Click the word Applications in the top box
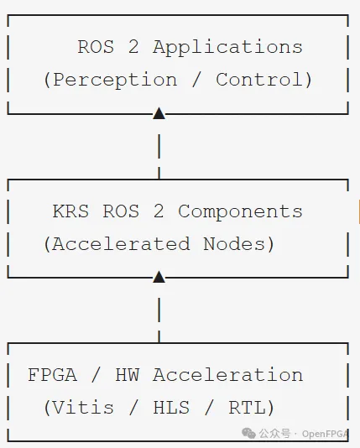click(227, 48)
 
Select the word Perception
click(115, 80)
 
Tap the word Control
click(259, 79)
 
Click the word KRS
click(70, 211)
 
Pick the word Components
click(240, 212)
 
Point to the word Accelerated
click(121, 244)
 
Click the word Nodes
click(234, 244)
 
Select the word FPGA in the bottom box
click(53, 375)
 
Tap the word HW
click(128, 375)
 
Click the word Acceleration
click(228, 375)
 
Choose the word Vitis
click(83, 407)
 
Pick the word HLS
click(171, 408)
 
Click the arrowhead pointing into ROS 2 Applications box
click(159, 113)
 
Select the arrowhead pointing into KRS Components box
click(159, 277)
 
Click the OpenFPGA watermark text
click(325, 434)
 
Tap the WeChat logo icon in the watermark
click(248, 433)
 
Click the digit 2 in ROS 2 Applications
click(133, 47)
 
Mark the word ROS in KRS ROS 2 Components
click(121, 211)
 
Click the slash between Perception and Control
click(196, 80)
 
